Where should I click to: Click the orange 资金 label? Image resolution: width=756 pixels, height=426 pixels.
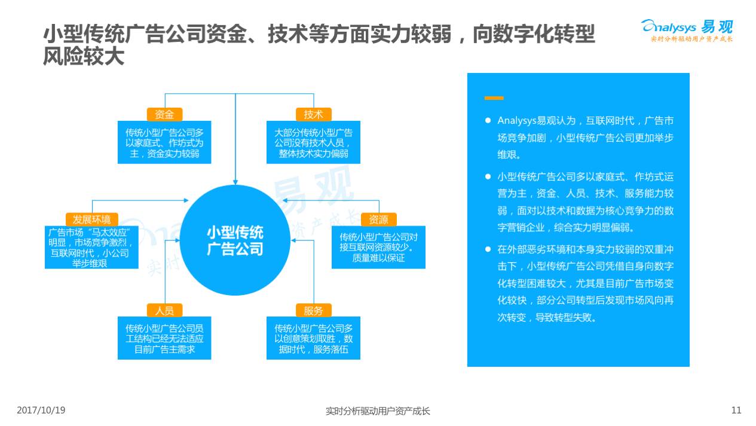[164, 114]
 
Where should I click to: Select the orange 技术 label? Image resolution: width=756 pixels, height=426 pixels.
[313, 114]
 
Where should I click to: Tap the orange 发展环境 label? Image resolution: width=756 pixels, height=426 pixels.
[91, 219]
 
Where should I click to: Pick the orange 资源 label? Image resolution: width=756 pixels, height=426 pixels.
[378, 219]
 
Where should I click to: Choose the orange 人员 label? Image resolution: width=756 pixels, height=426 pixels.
[164, 311]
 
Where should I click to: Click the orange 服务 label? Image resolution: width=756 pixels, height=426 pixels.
[313, 311]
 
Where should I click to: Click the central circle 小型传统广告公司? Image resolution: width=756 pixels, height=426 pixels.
[235, 241]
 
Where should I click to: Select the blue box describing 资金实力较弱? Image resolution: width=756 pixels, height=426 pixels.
[164, 143]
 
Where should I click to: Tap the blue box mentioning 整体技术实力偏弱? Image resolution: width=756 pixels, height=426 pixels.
[313, 143]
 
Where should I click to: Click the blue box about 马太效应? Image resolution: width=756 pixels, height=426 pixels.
[91, 247]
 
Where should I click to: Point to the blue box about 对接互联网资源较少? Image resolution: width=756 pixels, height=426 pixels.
[378, 247]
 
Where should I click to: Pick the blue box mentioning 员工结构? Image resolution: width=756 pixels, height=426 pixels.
[164, 339]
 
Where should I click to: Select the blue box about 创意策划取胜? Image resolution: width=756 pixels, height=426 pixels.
[313, 339]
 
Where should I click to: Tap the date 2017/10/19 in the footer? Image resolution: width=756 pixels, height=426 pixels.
[41, 410]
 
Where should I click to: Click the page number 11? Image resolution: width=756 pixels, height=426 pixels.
[736, 410]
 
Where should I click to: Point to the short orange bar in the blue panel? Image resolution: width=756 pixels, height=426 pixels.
[494, 98]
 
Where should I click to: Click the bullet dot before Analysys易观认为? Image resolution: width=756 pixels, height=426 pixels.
[488, 120]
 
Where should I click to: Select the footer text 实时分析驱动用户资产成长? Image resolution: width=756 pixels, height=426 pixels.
[378, 411]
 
